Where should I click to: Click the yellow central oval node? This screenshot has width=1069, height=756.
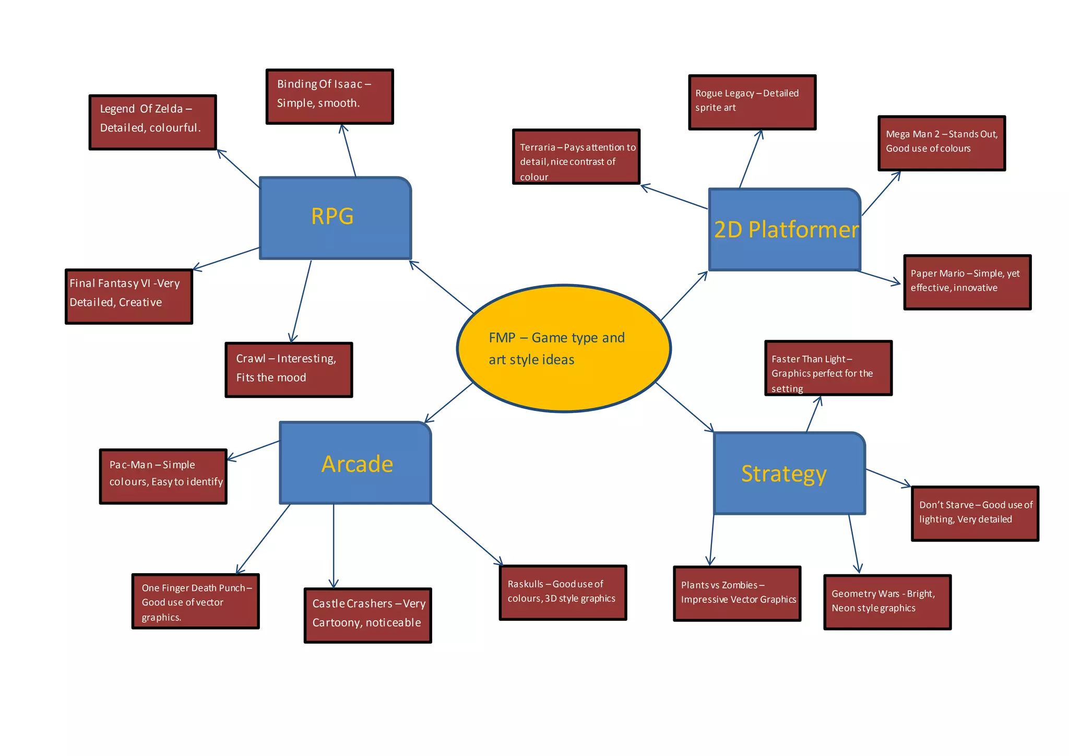point(564,348)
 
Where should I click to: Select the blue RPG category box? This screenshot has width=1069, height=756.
point(335,218)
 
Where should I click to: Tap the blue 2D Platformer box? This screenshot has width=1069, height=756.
point(784,230)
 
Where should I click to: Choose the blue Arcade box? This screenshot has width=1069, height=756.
point(355,463)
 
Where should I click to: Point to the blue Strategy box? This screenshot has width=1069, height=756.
point(789,474)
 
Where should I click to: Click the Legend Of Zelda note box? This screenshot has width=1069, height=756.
point(152,122)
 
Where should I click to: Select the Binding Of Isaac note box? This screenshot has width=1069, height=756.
point(329,97)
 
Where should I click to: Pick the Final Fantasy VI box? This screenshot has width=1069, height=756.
point(129,296)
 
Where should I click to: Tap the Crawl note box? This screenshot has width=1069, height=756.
point(289,370)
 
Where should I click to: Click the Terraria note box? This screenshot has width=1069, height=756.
point(576,157)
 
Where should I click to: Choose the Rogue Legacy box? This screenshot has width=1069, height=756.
point(752,102)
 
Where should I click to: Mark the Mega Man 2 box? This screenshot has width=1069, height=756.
point(941,143)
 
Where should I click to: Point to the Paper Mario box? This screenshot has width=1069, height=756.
point(967,282)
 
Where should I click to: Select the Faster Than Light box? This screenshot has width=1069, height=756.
point(828,368)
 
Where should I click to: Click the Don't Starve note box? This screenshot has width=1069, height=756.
point(975,513)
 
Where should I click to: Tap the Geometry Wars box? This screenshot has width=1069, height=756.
point(887,602)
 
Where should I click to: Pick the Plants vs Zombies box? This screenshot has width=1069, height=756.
point(737,594)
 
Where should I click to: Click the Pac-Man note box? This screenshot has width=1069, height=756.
point(163,476)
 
